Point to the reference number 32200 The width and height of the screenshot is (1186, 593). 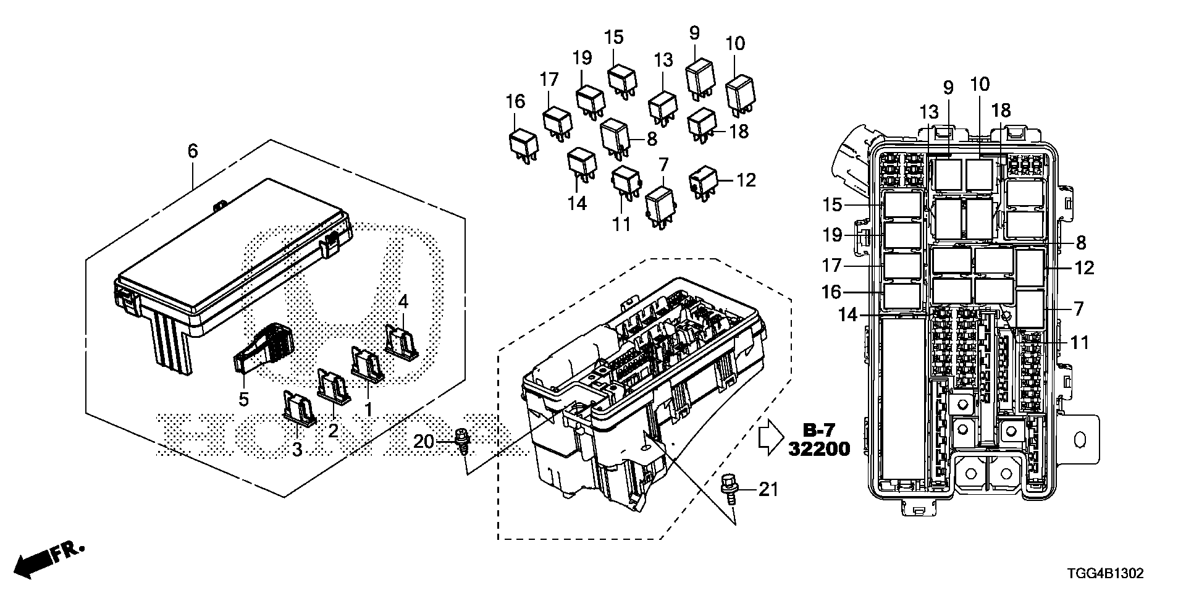coord(818,449)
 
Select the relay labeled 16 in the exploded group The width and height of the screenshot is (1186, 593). coord(523,147)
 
